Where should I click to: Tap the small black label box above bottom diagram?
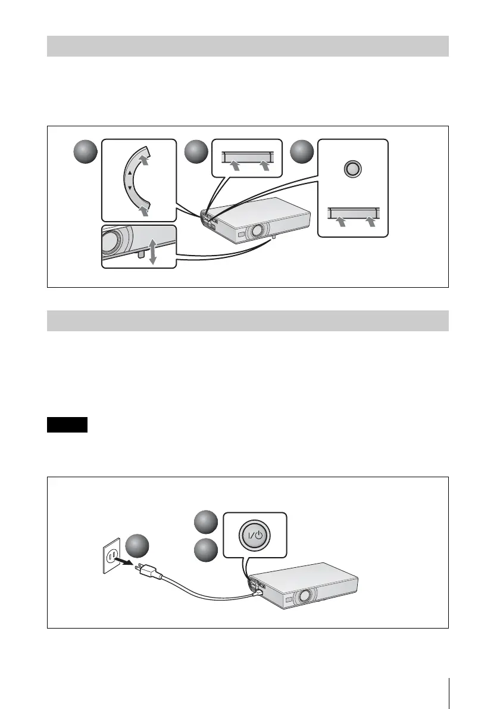67,425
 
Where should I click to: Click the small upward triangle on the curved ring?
130,173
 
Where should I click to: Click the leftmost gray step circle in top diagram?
85,153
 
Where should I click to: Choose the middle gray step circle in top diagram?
196,153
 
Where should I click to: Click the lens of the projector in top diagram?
258,229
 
